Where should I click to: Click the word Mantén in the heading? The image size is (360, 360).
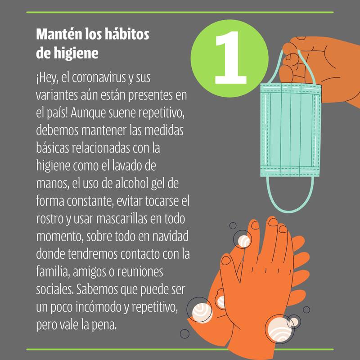coord(59,34)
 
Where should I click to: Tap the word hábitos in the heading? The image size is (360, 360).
coord(127,34)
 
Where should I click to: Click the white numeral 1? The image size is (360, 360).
coord(230,58)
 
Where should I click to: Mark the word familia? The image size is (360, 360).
coord(53,272)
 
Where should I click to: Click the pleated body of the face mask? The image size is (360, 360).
coord(291,130)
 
